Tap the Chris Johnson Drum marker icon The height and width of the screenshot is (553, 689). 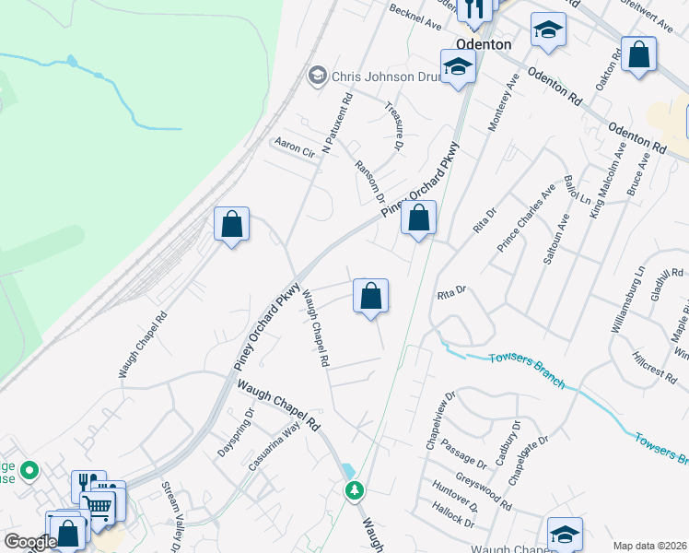pos(319,75)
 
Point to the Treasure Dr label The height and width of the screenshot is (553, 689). pos(393,127)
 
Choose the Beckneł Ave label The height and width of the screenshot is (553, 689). pos(416,18)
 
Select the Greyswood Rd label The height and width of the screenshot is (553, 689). pos(490,493)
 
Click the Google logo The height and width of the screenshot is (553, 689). pos(30,542)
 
